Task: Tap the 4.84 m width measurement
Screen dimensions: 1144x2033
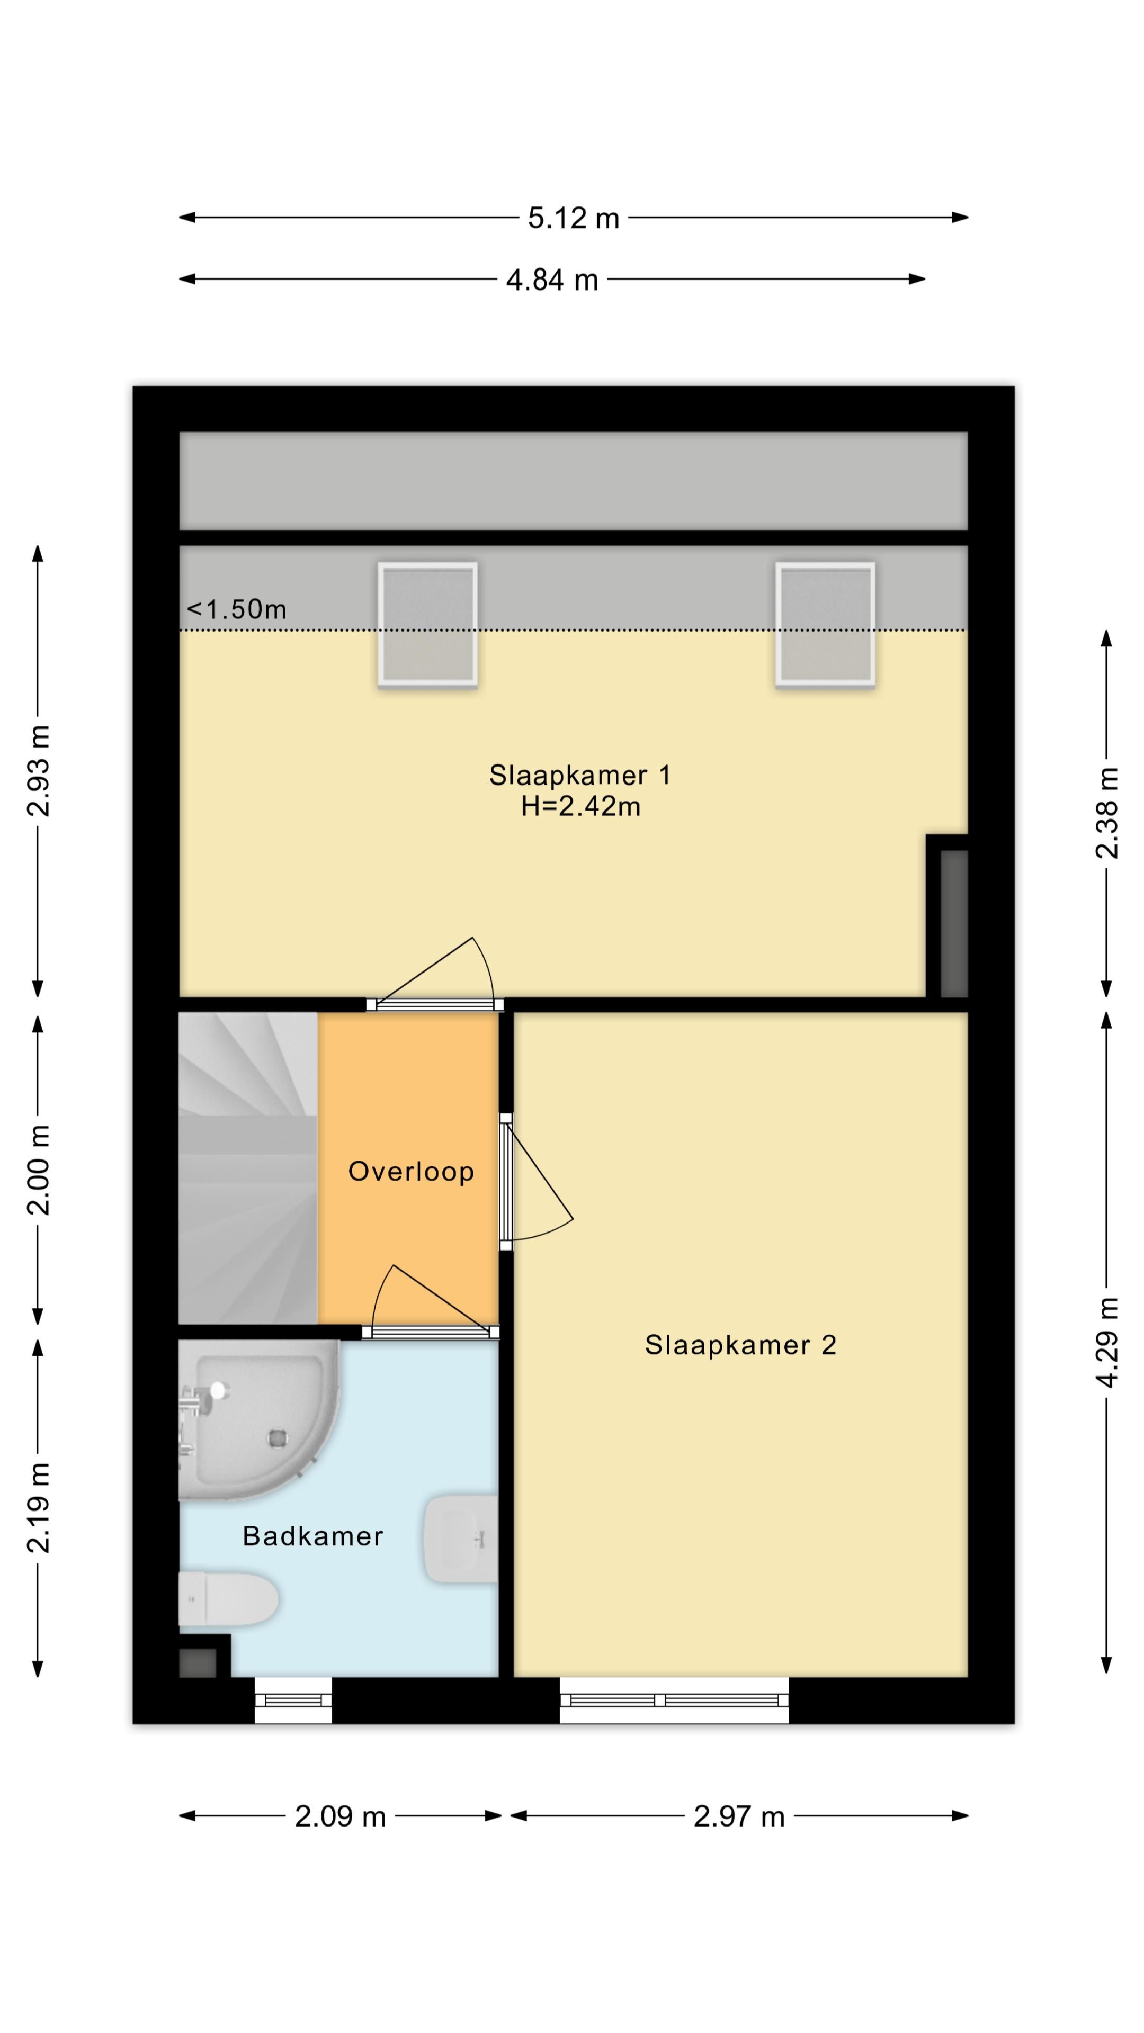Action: coord(552,280)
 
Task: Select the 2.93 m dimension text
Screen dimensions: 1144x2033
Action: coord(38,770)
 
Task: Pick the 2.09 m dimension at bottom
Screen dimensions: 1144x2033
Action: coord(340,1817)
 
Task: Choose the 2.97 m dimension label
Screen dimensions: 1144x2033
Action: coord(739,1817)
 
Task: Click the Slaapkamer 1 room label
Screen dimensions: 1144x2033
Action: coord(580,775)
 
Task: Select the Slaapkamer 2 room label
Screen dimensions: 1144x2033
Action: coord(740,1344)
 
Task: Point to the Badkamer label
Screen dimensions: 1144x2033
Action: coord(312,1536)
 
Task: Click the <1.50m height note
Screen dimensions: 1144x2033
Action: coord(236,609)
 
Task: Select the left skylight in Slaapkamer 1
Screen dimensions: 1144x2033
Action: coord(427,624)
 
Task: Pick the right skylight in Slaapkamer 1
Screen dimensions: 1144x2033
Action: coord(825,624)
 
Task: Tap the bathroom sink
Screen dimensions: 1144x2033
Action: coord(462,1539)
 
